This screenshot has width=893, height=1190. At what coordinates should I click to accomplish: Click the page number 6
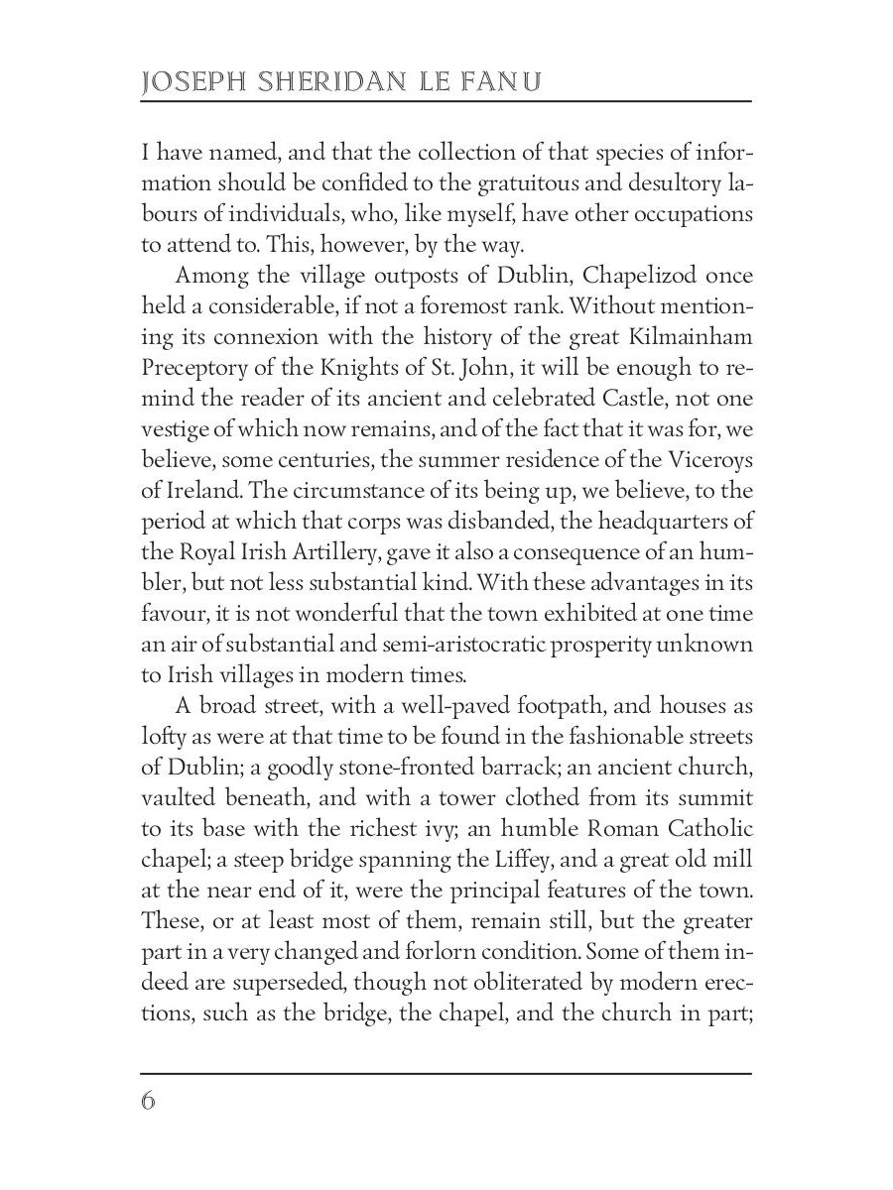coord(149,1102)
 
